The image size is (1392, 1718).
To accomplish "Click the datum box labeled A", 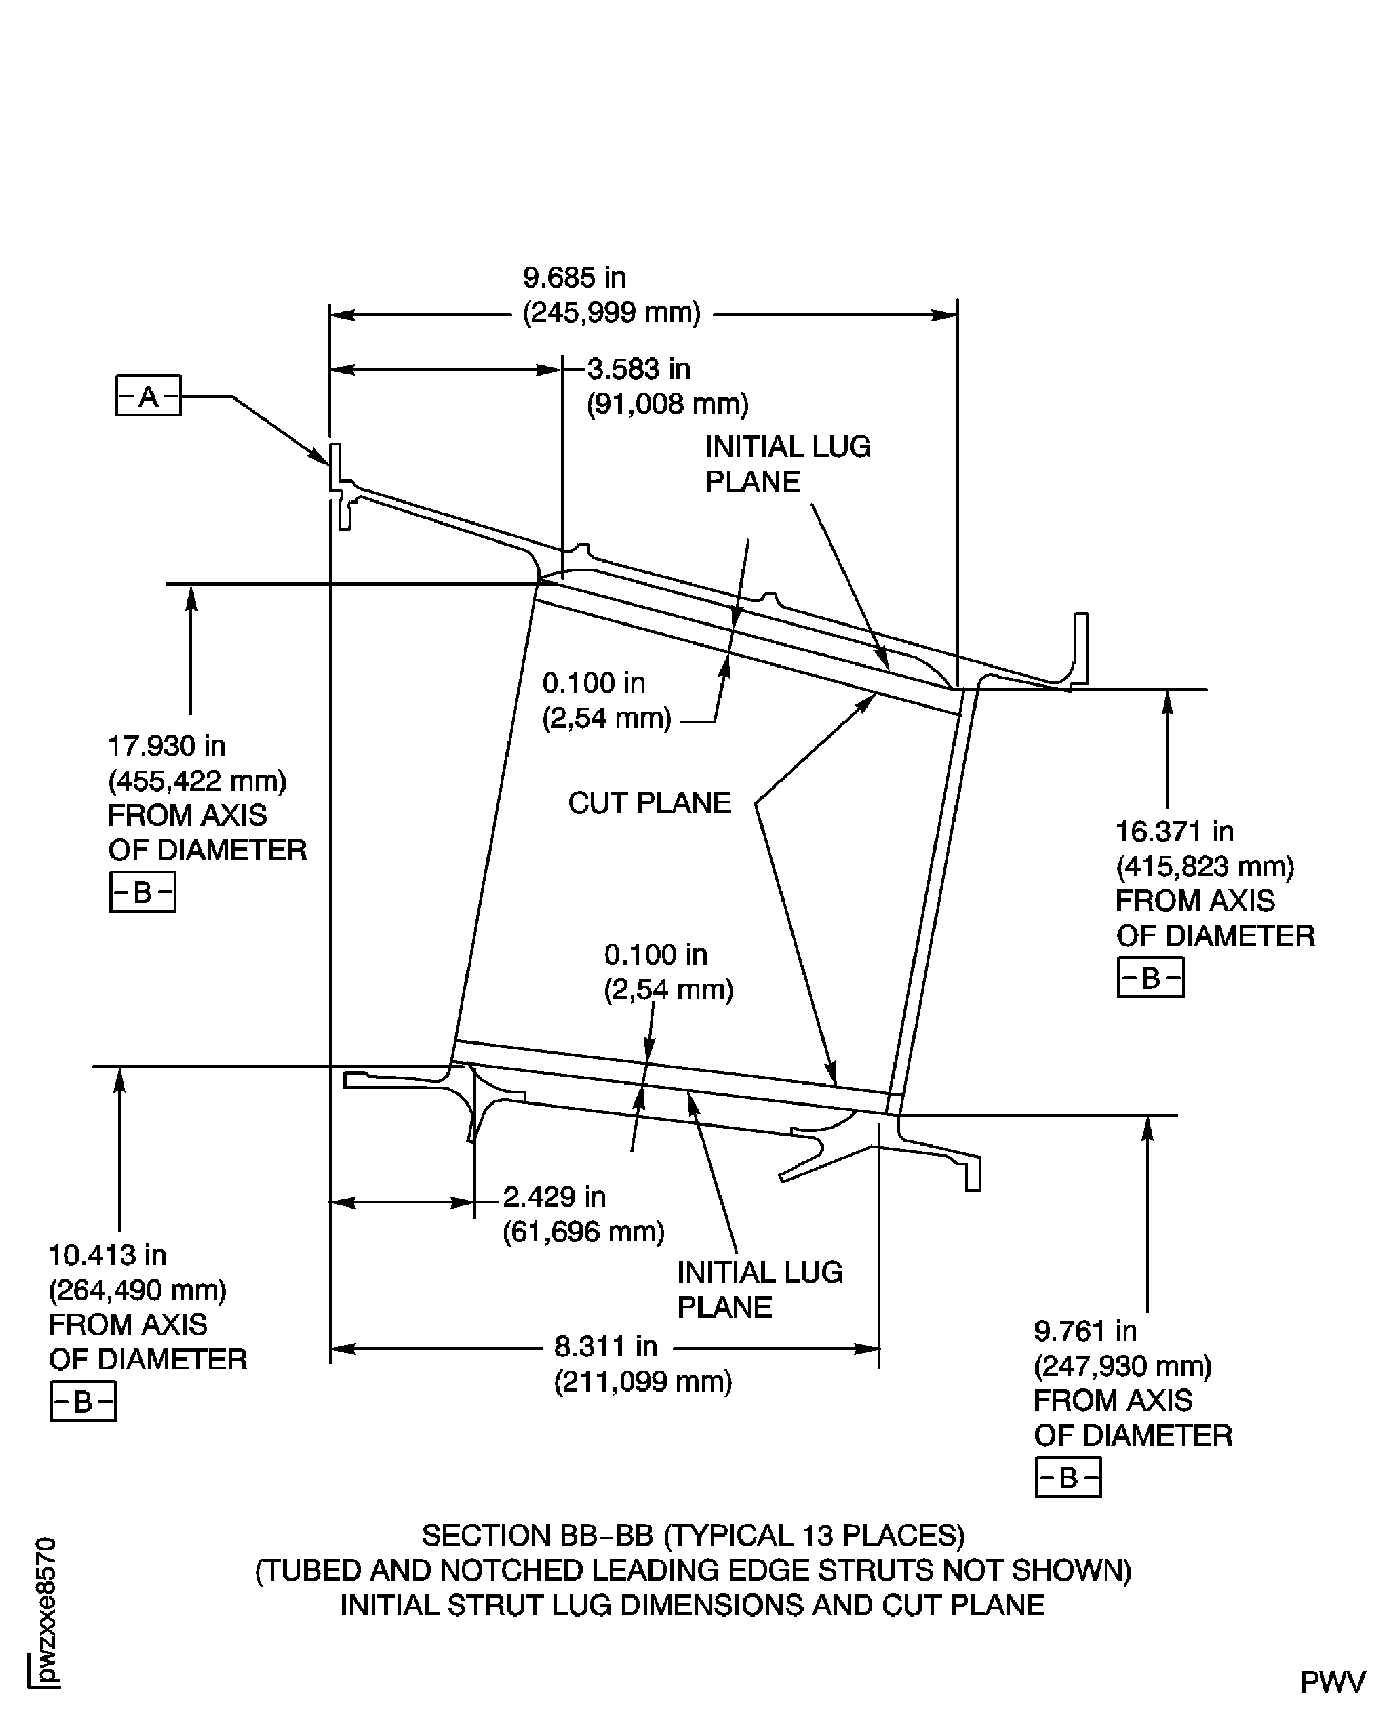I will click(x=148, y=395).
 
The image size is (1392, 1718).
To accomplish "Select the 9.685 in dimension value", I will click(x=574, y=278).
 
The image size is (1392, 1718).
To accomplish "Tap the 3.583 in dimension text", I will click(x=638, y=369).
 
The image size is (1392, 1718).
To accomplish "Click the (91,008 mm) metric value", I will click(x=667, y=404).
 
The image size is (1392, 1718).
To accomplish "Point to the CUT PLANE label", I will click(x=649, y=802).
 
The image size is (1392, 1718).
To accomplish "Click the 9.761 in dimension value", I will click(x=1085, y=1331).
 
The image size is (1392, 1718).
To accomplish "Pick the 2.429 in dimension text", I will click(x=554, y=1197).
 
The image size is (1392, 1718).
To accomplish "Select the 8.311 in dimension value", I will click(x=606, y=1346).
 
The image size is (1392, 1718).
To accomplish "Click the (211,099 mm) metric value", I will click(x=643, y=1382).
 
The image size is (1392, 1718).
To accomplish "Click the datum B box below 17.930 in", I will click(x=143, y=892).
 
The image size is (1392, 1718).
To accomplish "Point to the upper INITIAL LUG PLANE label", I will click(x=787, y=463).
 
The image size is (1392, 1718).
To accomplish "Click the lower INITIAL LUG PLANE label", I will click(x=759, y=1289).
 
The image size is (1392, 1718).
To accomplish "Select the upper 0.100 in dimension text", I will click(x=593, y=683).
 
